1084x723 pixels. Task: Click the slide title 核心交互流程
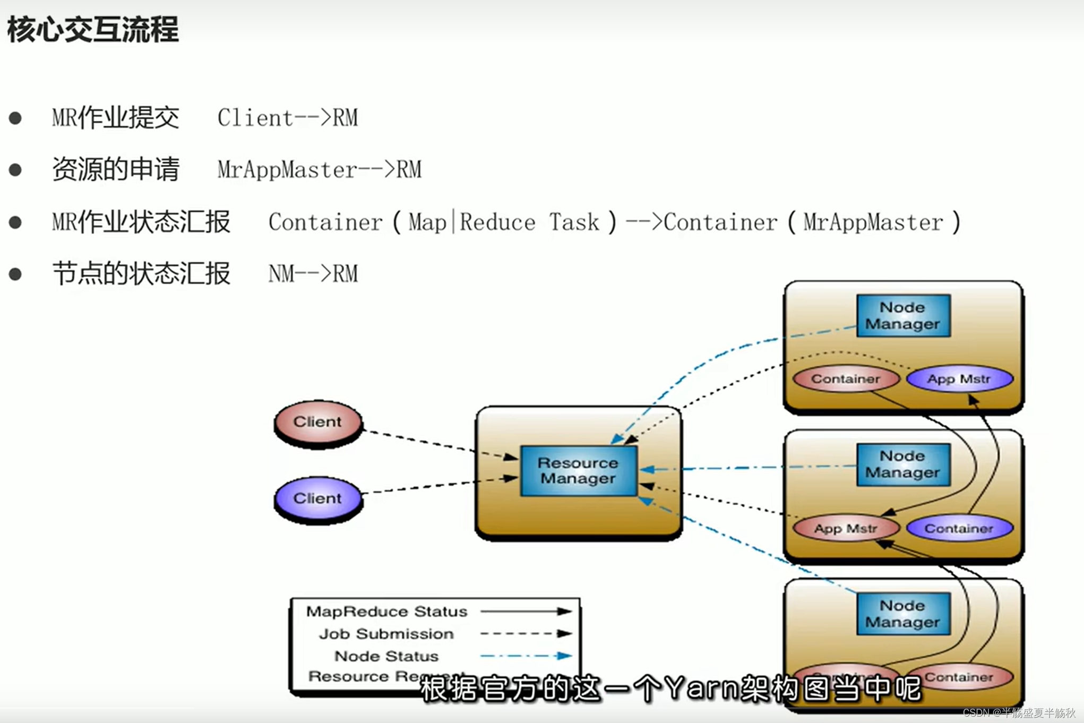point(93,29)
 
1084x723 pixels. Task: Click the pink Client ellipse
point(318,422)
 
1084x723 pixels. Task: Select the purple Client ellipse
point(318,498)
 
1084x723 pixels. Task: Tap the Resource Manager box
point(578,471)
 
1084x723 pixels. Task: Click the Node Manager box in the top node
point(902,316)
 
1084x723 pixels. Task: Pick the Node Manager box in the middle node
point(902,464)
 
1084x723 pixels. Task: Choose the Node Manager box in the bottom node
point(902,614)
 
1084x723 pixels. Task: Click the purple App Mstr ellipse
point(959,379)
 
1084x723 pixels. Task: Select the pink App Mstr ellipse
point(846,529)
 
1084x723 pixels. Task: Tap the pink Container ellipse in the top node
point(846,379)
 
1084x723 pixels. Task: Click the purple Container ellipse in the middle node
point(959,529)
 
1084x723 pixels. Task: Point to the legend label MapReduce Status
point(386,612)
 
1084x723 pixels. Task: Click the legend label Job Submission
point(386,634)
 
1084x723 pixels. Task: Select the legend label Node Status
point(386,656)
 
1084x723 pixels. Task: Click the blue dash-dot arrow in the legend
point(526,656)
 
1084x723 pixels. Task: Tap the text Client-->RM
point(288,118)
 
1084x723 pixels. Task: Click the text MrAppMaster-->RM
point(319,170)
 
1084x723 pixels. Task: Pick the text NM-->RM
point(313,274)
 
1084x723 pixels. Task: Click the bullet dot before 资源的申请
point(15,170)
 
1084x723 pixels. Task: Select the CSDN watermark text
point(1019,712)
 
